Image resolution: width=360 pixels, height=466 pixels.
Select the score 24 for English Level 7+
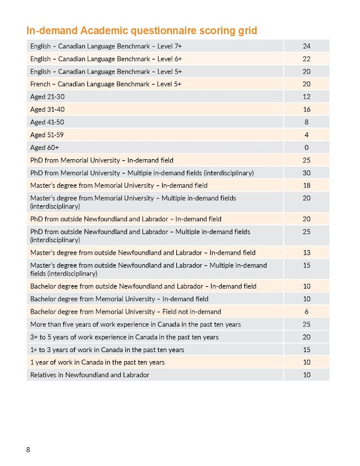tap(307, 46)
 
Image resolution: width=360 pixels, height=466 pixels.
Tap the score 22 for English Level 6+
tap(307, 59)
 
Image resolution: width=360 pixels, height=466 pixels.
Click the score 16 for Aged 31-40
tap(307, 109)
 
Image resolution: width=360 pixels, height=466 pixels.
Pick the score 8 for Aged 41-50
tap(307, 122)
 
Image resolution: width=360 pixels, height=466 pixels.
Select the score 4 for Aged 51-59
tap(307, 135)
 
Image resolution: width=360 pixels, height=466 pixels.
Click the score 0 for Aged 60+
tap(307, 147)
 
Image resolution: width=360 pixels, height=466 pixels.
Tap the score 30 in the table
tap(307, 173)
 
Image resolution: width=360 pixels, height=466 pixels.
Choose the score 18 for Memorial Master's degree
tap(307, 185)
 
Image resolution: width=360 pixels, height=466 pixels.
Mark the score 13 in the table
tap(307, 253)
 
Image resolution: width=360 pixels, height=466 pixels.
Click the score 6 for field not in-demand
tap(307, 311)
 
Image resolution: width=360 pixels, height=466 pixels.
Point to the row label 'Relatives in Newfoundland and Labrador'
tap(90, 375)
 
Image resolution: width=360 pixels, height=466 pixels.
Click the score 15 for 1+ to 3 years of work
tap(307, 349)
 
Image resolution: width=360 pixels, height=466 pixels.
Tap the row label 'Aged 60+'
tap(41, 147)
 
